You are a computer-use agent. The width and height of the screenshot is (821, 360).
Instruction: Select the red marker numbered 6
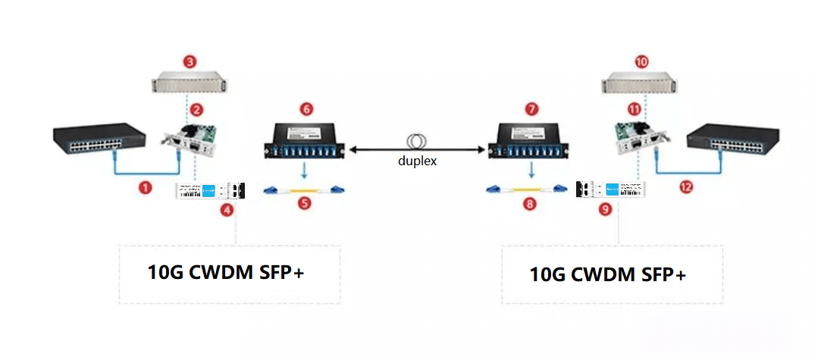(306, 109)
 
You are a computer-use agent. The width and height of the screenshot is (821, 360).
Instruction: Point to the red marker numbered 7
(531, 109)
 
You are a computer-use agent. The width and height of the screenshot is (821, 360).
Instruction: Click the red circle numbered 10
(641, 61)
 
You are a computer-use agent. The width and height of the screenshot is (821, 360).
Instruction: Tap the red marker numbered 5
(305, 204)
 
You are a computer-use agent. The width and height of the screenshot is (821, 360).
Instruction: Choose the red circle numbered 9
(605, 210)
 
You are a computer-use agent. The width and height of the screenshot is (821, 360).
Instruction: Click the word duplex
(417, 161)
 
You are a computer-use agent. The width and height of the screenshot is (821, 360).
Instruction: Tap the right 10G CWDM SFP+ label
(608, 274)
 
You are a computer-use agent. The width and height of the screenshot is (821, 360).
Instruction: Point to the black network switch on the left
(99, 141)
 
